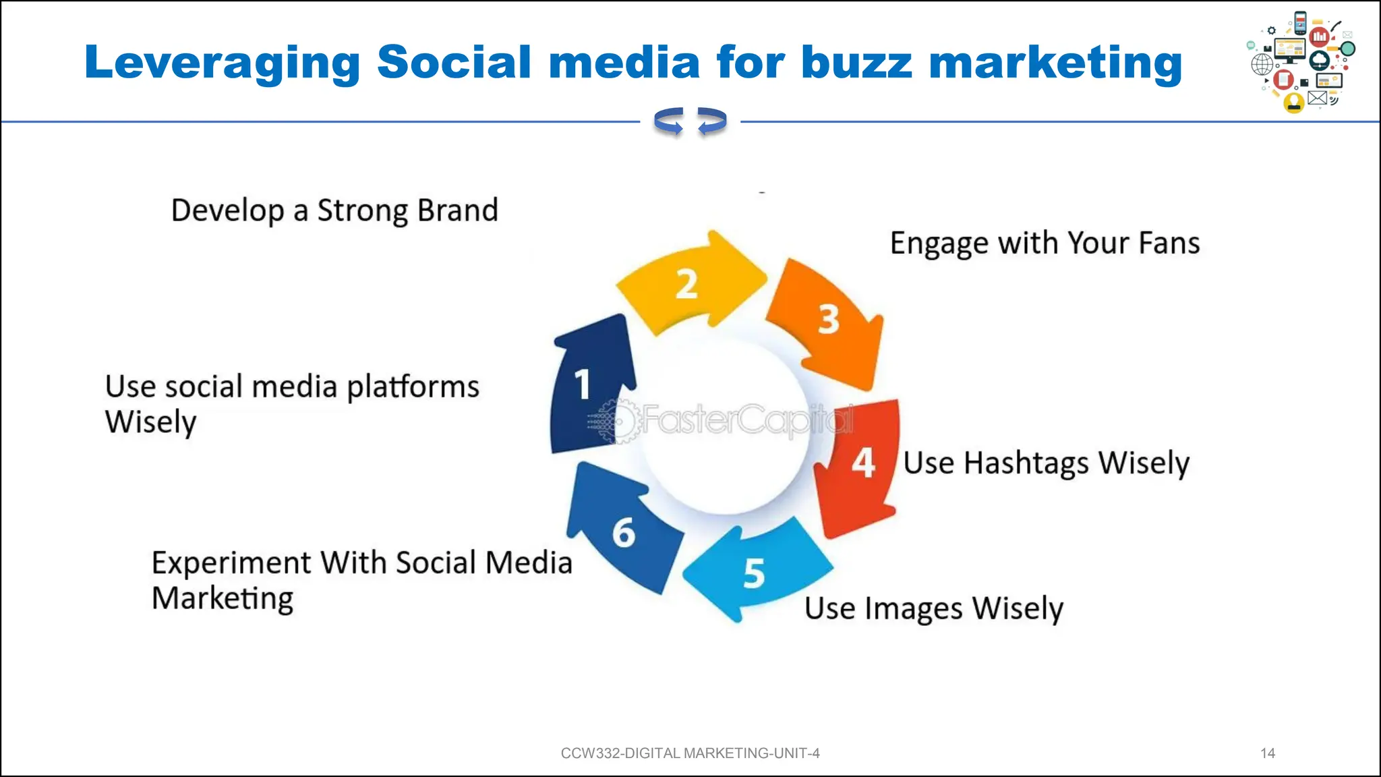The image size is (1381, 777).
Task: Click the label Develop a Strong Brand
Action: coord(334,210)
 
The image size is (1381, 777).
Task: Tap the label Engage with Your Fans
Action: coord(1045,243)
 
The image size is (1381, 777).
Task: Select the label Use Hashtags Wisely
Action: coord(1046,463)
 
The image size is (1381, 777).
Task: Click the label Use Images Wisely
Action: coord(934,608)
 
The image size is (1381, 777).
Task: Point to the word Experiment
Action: coord(231,563)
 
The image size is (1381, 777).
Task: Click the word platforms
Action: coord(413,387)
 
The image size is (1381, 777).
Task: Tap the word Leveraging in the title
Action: coord(223,63)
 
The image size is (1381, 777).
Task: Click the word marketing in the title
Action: coord(1055,63)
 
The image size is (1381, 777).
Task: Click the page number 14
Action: coord(1268,753)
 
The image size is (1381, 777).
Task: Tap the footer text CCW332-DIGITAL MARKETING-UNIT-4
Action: coord(690,753)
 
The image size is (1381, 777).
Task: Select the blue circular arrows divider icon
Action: coord(690,121)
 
